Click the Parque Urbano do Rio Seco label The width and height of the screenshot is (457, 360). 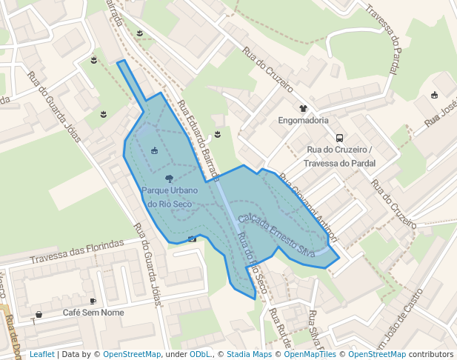(170, 197)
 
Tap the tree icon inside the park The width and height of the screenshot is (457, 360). (170, 179)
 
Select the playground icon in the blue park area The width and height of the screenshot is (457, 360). (154, 151)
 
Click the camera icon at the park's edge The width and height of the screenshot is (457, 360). (193, 239)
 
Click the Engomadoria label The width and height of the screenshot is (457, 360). (303, 120)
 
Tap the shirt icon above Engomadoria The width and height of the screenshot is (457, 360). (303, 109)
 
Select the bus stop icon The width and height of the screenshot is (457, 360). (339, 137)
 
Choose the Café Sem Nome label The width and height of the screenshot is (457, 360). (93, 313)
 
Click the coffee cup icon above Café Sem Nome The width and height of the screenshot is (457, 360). (93, 301)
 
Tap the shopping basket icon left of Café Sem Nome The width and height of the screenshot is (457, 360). (39, 314)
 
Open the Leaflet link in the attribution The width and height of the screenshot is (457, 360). (41, 355)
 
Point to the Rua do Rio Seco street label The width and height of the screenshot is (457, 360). (252, 262)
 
